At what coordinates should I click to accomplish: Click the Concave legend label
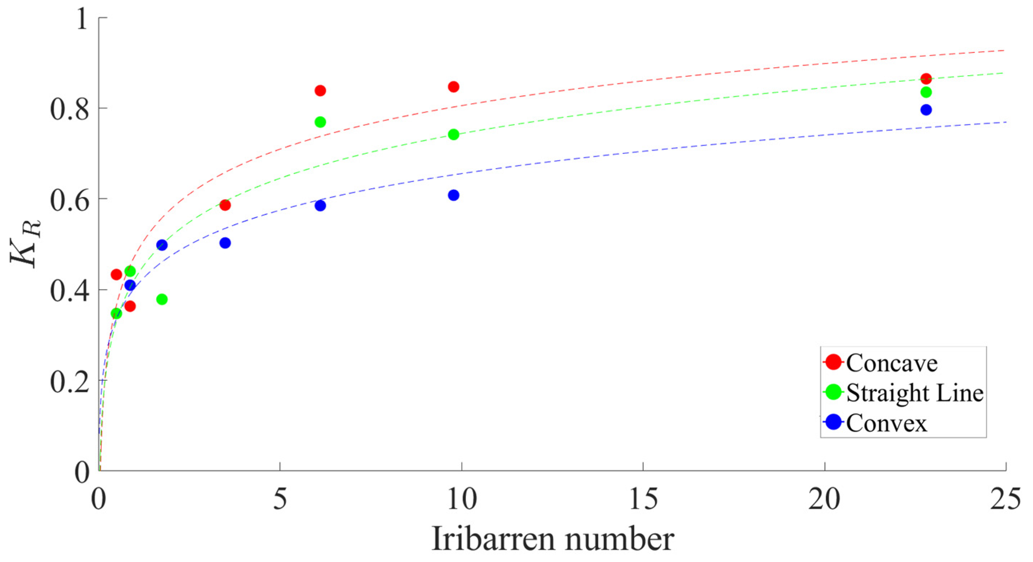pos(892,363)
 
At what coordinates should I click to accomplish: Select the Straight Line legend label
pos(915,393)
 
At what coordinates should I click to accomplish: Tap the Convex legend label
pos(887,423)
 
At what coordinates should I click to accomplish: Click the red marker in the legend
pos(833,362)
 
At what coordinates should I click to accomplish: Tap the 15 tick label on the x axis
pos(643,500)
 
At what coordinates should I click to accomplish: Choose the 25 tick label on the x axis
pos(1005,500)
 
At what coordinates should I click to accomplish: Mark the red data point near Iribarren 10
pos(454,87)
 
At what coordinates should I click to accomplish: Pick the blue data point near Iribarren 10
pos(454,196)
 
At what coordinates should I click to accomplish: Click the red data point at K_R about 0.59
pos(225,205)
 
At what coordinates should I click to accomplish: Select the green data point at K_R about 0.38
pos(162,300)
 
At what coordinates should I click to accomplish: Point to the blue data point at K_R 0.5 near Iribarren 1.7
pos(162,245)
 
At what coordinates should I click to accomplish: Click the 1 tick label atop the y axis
pos(82,18)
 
